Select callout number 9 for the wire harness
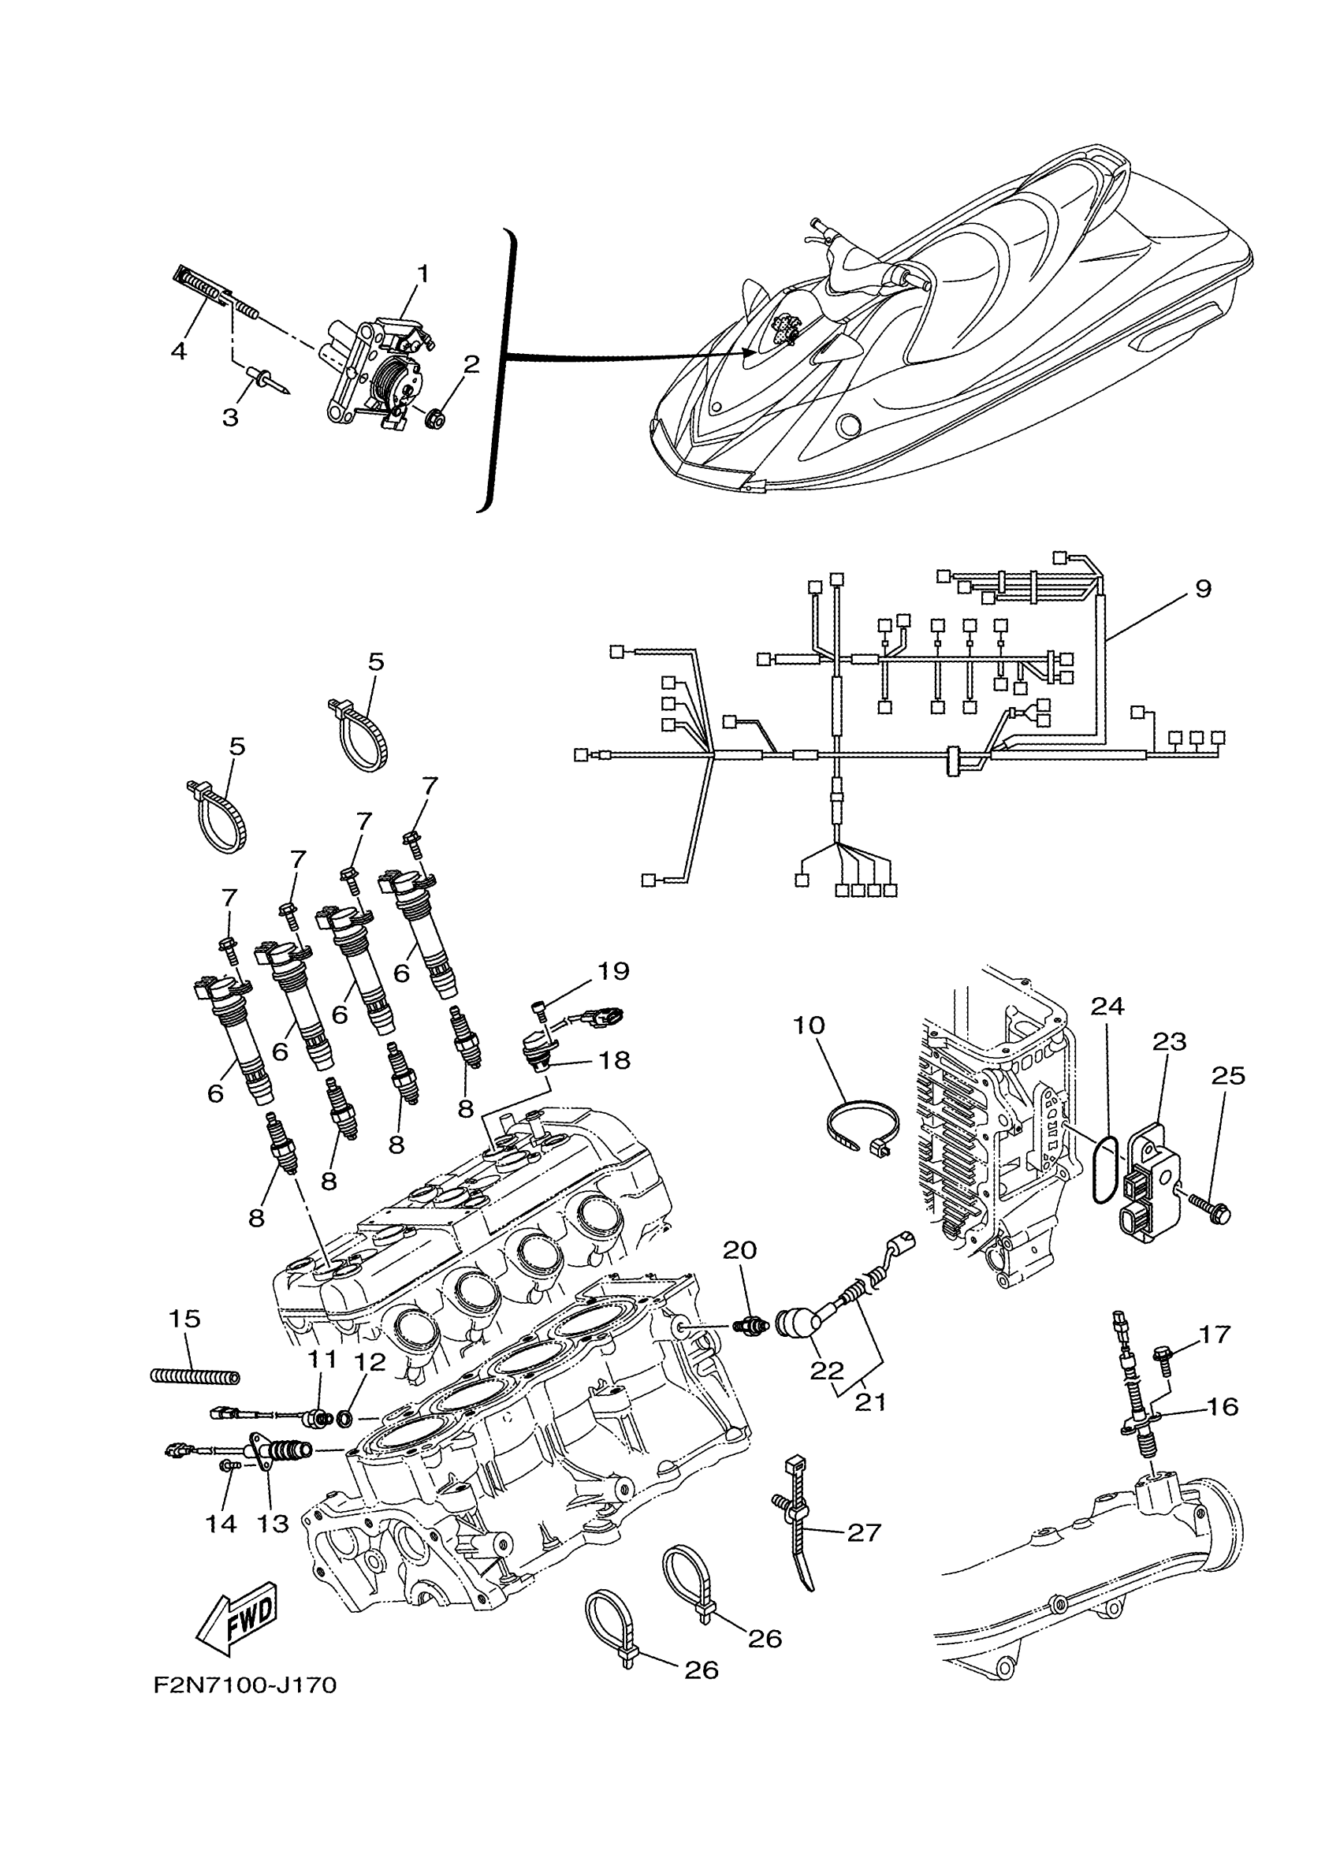(1203, 589)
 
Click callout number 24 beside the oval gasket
(1107, 1007)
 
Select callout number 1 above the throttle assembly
(423, 273)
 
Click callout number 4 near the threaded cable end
(179, 352)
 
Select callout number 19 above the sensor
(613, 971)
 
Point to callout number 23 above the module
(1169, 1041)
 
